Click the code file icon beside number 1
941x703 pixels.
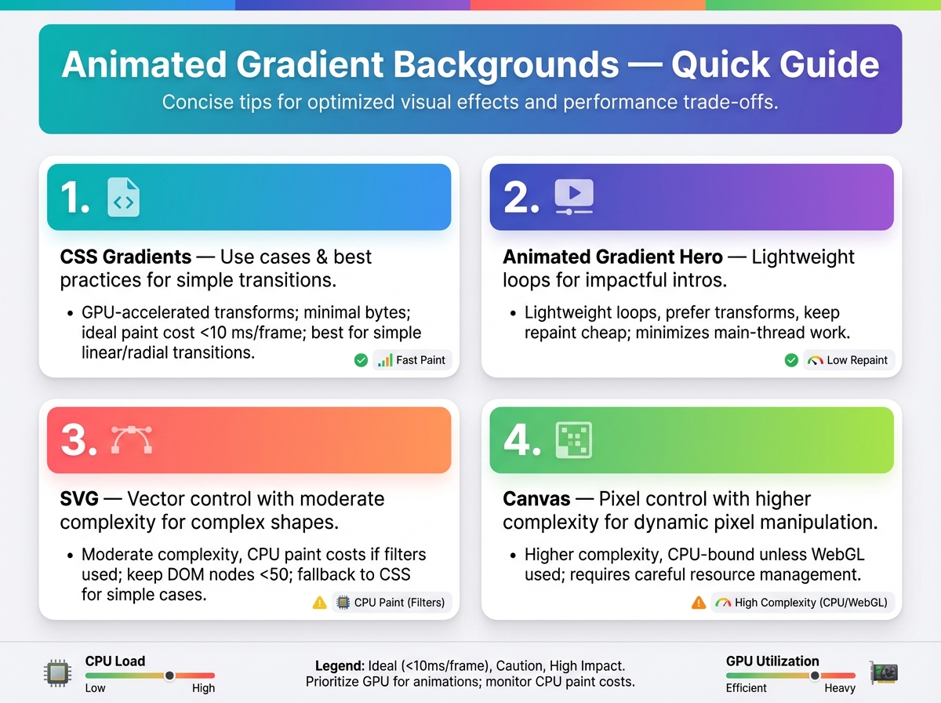123,197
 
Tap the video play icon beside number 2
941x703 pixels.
574,196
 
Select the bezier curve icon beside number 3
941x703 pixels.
132,439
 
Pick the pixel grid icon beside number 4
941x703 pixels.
573,440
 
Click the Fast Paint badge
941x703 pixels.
412,360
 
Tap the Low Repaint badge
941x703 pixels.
848,360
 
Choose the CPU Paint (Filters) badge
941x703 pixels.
391,603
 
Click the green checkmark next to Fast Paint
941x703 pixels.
361,360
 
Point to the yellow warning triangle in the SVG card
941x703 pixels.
319,603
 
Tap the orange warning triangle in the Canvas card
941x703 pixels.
699,603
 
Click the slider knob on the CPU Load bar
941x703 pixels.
169,676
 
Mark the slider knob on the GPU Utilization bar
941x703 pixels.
815,676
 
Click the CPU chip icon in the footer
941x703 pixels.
57,672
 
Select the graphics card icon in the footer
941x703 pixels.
884,672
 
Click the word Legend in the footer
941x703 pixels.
340,665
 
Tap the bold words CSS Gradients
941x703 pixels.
125,257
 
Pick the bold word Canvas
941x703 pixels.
536,499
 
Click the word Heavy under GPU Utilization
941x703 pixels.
840,688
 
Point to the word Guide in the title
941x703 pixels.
830,64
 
